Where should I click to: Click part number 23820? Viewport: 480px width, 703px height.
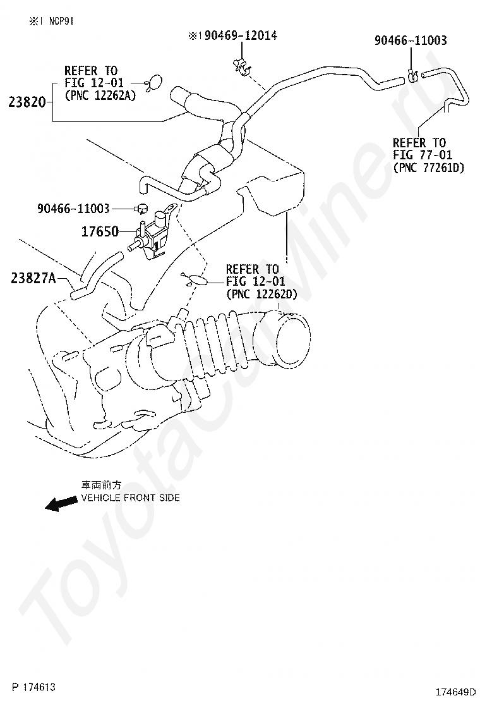[x=28, y=101]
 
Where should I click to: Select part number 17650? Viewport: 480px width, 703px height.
[x=99, y=231]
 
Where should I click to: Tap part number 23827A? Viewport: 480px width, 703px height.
[x=33, y=277]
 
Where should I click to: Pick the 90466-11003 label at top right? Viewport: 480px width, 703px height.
[x=410, y=40]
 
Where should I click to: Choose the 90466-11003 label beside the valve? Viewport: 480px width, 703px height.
[x=73, y=208]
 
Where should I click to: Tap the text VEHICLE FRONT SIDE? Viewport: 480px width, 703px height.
[x=130, y=498]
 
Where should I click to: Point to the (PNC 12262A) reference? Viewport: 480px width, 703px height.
[x=100, y=95]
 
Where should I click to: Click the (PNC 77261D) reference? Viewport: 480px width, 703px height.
[x=428, y=168]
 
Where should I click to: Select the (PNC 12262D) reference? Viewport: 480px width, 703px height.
[x=261, y=294]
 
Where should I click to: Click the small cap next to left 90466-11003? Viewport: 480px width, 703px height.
[x=141, y=207]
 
